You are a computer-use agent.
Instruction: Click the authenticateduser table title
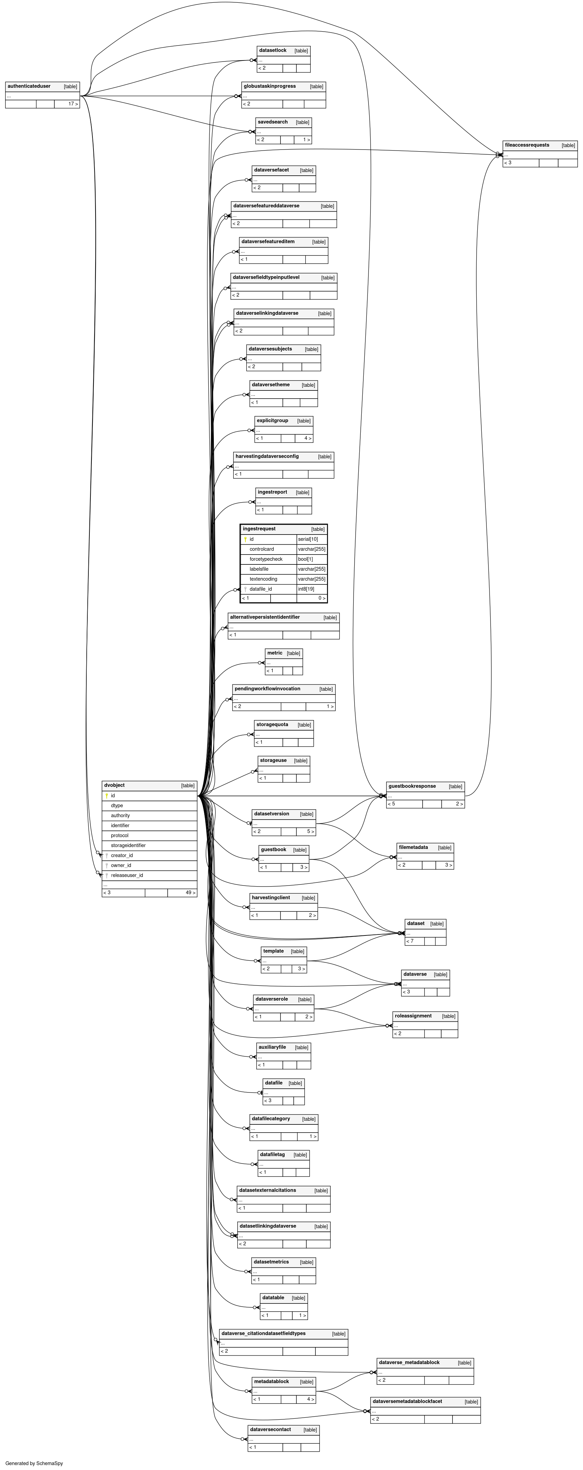click(29, 86)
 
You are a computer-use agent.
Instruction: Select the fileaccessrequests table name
click(527, 145)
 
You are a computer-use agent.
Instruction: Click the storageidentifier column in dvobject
click(128, 845)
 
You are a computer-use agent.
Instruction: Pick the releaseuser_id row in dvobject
click(127, 875)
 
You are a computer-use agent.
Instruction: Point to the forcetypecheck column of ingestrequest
click(266, 559)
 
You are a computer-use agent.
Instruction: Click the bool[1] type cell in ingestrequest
click(306, 559)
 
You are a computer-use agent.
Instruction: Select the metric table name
click(275, 653)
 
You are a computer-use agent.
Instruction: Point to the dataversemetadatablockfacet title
click(407, 1401)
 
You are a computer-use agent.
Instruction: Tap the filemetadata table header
click(413, 847)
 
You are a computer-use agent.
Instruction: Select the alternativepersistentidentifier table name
click(265, 617)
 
